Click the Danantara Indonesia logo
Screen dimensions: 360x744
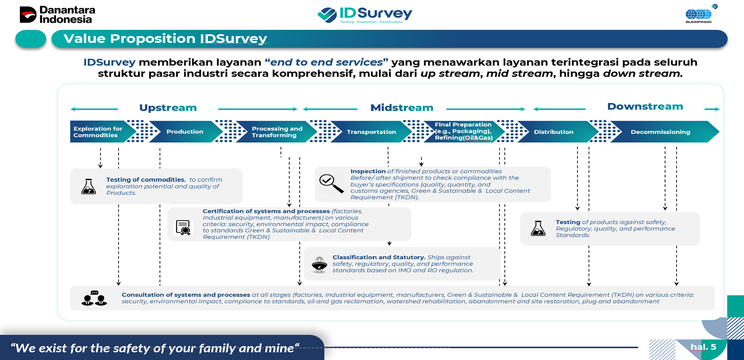tap(57, 15)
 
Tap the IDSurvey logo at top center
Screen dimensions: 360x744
tap(365, 15)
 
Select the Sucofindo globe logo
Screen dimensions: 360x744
tap(699, 15)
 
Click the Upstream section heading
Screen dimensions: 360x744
tap(168, 108)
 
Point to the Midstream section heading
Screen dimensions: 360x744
tap(402, 108)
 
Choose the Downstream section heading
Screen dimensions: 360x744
tap(645, 106)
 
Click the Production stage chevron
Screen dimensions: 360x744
tap(185, 132)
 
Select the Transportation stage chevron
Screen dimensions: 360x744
tap(371, 132)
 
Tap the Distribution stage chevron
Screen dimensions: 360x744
tap(553, 132)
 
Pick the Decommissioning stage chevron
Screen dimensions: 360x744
tap(660, 132)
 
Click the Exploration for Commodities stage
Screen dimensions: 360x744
tap(98, 132)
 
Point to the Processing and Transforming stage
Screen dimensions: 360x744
tap(277, 132)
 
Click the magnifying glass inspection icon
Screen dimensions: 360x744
tap(331, 183)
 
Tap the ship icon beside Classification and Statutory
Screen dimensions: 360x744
tap(319, 265)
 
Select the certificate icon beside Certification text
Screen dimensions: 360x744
tap(183, 227)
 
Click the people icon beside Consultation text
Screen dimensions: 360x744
tap(94, 298)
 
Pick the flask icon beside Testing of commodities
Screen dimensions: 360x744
tap(89, 186)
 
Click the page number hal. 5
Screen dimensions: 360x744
tap(703, 347)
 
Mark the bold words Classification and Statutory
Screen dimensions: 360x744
tap(379, 257)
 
